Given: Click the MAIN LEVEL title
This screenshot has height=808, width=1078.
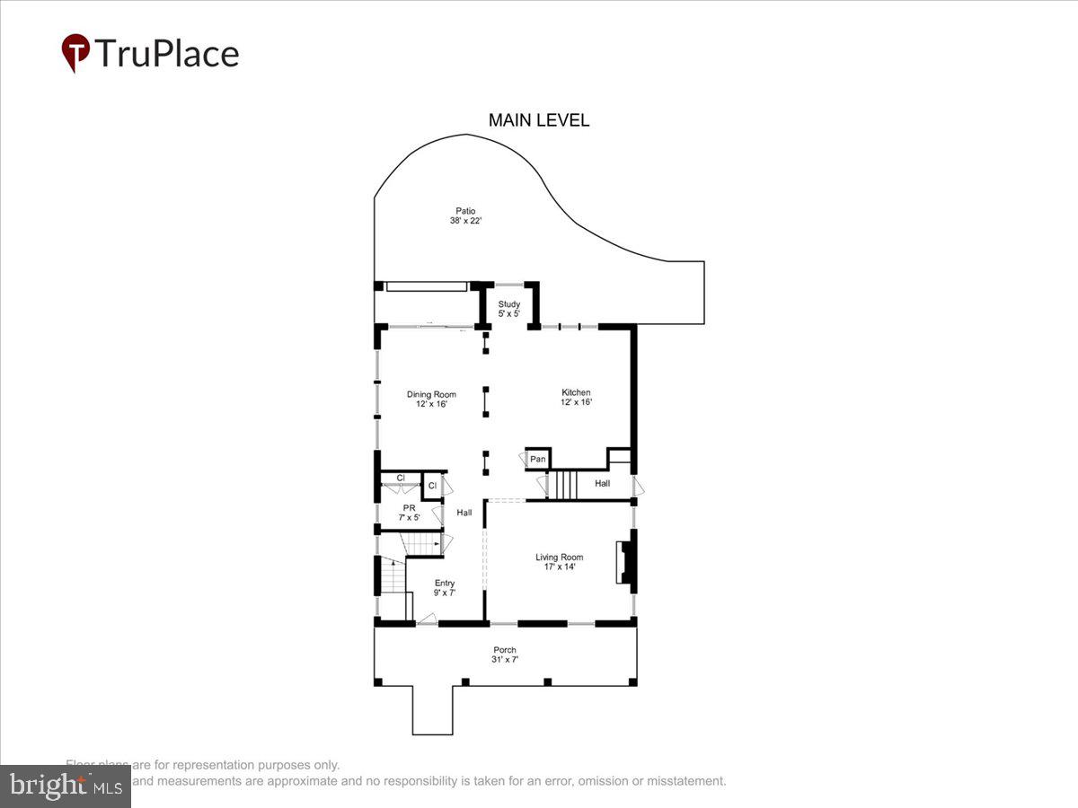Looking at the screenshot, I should (538, 120).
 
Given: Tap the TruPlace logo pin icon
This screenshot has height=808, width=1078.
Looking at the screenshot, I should (75, 53).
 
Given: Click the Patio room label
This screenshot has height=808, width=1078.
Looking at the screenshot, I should (465, 211).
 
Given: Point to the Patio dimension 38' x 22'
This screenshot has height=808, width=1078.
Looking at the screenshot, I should (465, 221).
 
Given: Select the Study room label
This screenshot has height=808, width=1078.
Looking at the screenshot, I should (509, 304).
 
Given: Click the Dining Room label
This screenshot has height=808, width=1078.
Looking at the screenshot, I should (431, 394).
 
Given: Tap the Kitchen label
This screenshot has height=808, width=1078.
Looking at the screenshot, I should (576, 392).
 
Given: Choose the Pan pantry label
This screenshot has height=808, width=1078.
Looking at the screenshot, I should (537, 460).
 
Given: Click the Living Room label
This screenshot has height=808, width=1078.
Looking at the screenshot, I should (560, 557).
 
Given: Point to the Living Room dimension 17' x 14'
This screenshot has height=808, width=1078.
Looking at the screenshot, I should (560, 566).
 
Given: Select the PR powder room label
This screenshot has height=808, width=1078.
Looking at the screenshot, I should (409, 508).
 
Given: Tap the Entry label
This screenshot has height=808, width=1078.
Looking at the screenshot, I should (445, 584).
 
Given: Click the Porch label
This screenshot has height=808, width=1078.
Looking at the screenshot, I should (505, 650).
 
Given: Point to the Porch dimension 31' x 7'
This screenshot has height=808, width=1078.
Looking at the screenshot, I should (505, 660).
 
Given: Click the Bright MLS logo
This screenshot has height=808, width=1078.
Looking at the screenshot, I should (65, 786).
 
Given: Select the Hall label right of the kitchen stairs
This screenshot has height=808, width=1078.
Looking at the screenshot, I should (602, 484).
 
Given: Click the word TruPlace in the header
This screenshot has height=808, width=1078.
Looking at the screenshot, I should (166, 54).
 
